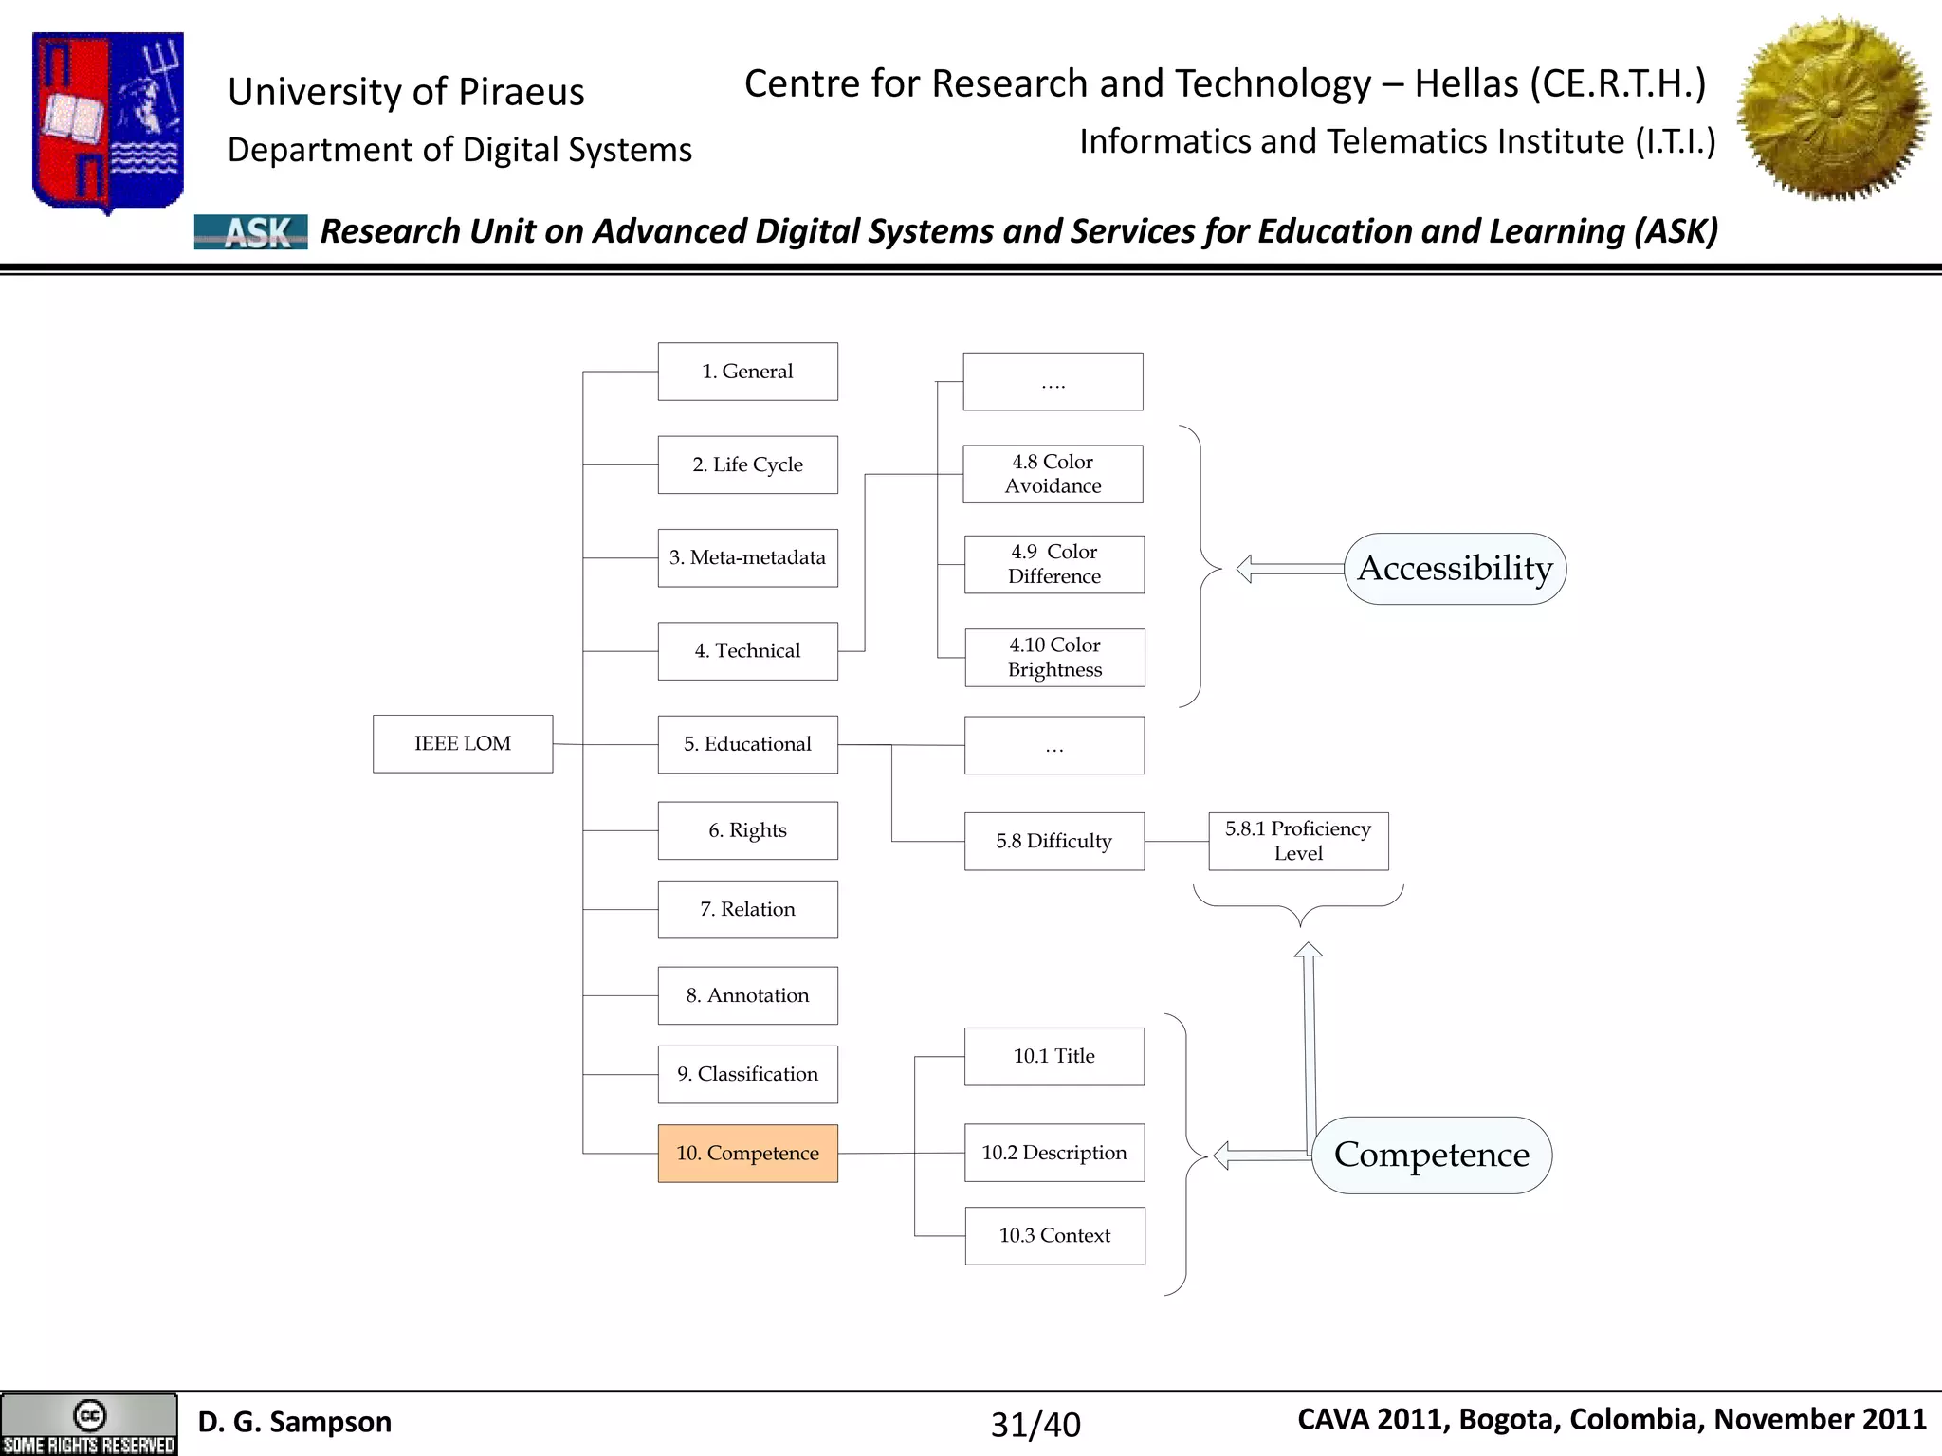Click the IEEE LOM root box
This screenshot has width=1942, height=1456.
pos(463,744)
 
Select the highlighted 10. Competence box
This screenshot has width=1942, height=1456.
pos(747,1154)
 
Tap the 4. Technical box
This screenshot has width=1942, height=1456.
pos(747,651)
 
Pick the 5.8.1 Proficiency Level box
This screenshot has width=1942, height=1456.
pos(1298,841)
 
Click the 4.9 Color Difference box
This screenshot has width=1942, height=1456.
pos(1054,565)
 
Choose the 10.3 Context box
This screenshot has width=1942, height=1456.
pos(1054,1236)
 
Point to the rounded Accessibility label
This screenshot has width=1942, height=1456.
pos(1455,569)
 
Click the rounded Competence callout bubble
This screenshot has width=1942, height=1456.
pos(1431,1155)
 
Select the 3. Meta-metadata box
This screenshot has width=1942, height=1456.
pos(747,558)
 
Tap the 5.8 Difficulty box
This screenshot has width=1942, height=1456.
pos(1054,841)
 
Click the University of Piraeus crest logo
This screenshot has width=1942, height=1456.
pos(108,121)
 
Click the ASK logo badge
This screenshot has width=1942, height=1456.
pos(251,231)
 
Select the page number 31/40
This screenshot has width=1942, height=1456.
pos(1035,1425)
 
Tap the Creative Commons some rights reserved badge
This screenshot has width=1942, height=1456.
pos(89,1425)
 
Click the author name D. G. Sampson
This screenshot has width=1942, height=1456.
pos(295,1422)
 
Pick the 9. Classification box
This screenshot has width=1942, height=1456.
pos(747,1075)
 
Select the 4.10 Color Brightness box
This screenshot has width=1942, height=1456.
pos(1054,658)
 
